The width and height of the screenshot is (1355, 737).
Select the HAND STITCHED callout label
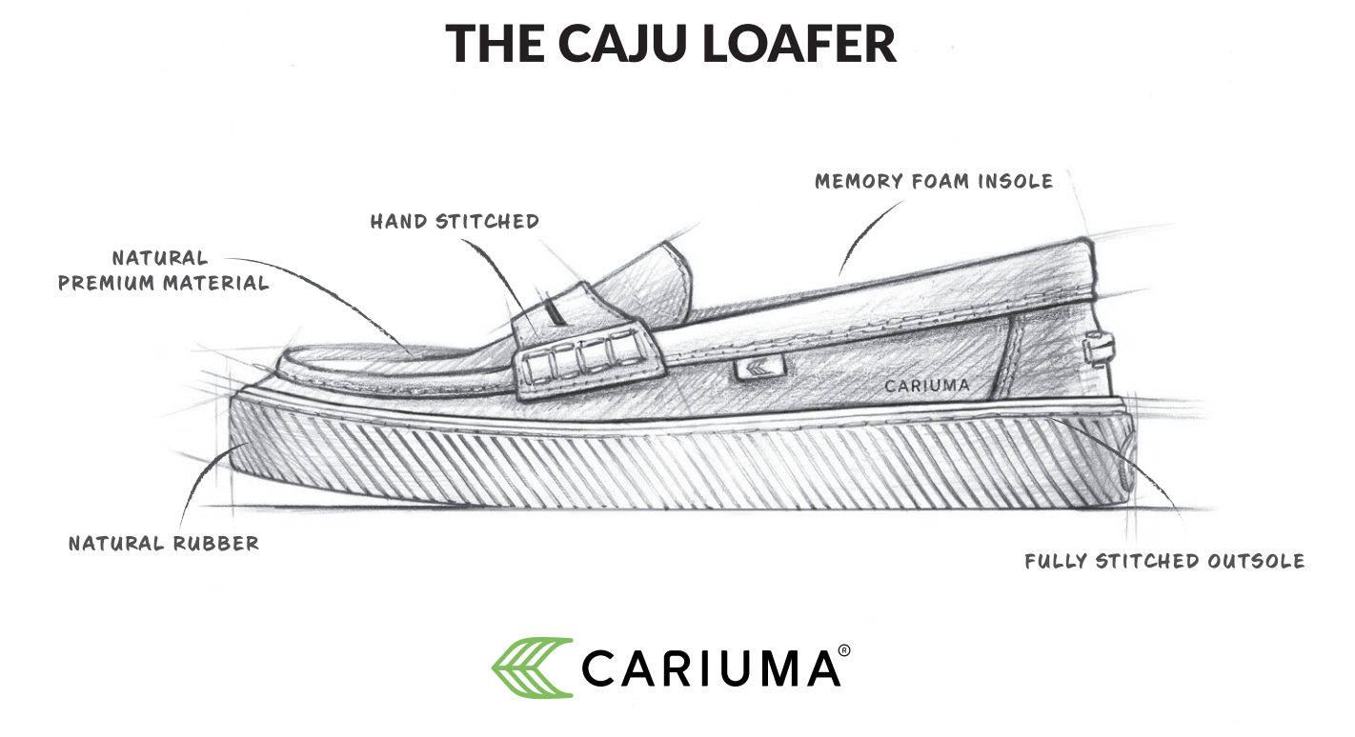[x=455, y=222]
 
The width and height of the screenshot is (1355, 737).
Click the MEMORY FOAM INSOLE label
[x=934, y=181]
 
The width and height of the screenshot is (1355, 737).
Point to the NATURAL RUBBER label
[x=164, y=544]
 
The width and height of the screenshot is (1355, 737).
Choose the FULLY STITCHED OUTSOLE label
[x=1164, y=561]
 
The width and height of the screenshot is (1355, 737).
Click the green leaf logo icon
[x=532, y=667]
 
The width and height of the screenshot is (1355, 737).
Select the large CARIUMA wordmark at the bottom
[x=710, y=667]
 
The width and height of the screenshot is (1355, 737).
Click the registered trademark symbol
[x=844, y=651]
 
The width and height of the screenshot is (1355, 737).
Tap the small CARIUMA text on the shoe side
[x=927, y=386]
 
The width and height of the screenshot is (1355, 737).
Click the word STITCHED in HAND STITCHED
[x=487, y=222]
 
